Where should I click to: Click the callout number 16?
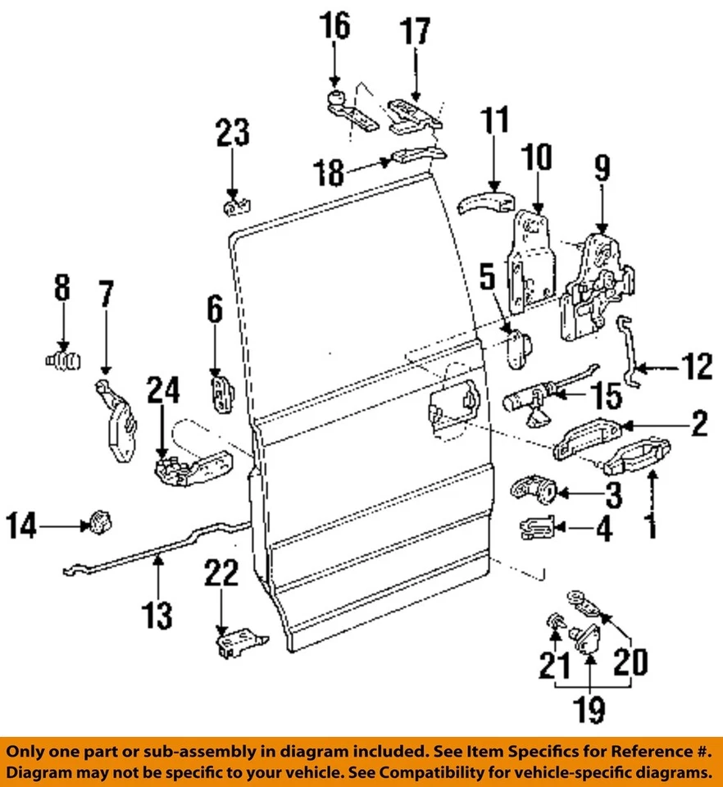(x=334, y=26)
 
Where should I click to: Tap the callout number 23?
(x=233, y=134)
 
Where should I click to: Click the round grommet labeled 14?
(x=99, y=521)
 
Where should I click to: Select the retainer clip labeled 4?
(x=539, y=529)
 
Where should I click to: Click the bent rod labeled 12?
(x=630, y=353)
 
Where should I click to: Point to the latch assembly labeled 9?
(x=597, y=287)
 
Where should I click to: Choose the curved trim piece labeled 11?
(x=484, y=200)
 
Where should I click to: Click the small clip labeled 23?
(x=234, y=205)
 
